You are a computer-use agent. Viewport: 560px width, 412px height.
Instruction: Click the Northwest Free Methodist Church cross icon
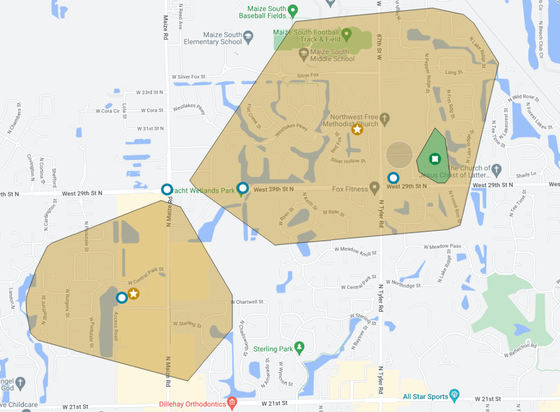point(384,117)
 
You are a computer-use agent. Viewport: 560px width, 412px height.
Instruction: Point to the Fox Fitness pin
point(375,188)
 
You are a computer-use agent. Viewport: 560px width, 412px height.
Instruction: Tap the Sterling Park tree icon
point(299,348)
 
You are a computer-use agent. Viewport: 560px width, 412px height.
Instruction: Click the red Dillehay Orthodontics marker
point(232,403)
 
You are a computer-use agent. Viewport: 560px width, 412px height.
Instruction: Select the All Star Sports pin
point(454,396)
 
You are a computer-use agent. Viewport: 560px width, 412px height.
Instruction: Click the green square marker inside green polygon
point(434,159)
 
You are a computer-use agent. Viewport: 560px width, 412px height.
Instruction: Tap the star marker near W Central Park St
point(133,293)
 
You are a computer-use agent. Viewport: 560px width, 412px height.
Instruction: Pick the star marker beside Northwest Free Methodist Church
point(357,129)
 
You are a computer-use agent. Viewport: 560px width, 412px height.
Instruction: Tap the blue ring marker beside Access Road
point(121,297)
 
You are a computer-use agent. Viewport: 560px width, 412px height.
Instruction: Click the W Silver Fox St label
point(189,77)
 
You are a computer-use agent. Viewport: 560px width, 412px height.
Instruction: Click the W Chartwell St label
point(247,302)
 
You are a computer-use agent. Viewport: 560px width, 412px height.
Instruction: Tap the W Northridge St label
point(403,284)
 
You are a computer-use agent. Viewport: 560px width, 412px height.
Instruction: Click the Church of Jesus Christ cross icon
point(496,168)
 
